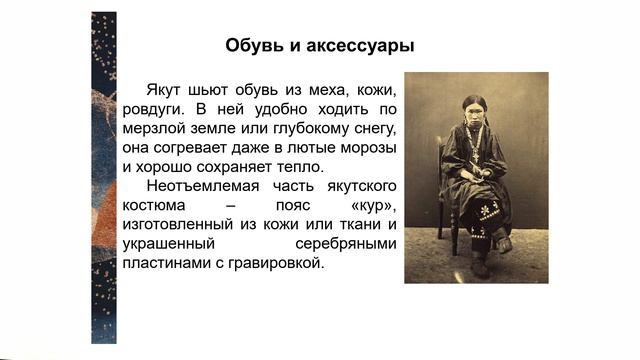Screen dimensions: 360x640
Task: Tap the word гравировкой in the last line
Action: click(x=280, y=264)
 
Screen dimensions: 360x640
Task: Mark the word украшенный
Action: click(x=169, y=245)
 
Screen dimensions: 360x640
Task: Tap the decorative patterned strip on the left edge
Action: click(x=103, y=180)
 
